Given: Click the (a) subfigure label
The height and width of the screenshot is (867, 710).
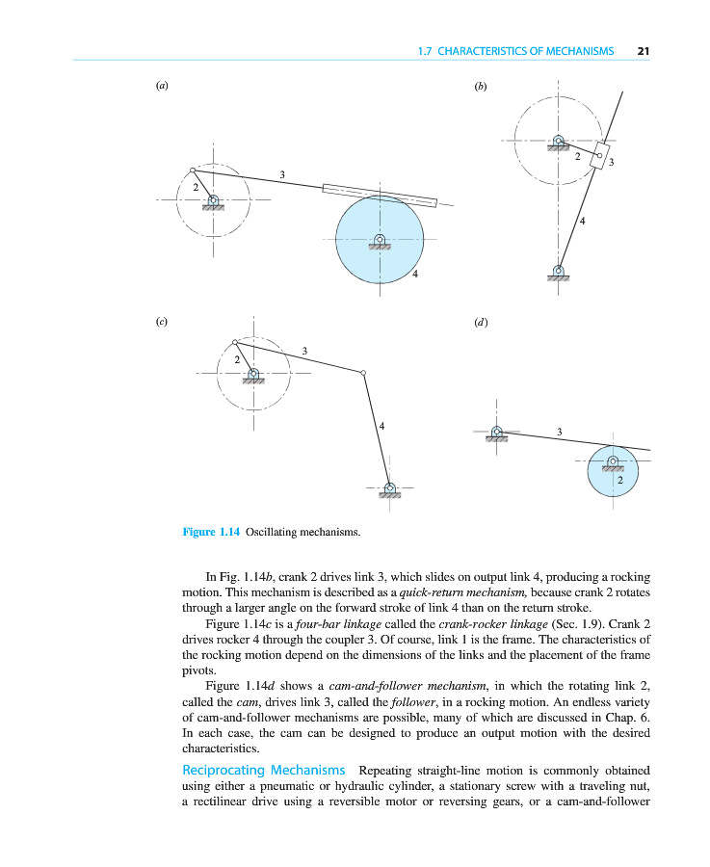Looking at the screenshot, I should [x=162, y=86].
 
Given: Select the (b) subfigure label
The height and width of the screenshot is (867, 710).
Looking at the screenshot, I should [x=481, y=86].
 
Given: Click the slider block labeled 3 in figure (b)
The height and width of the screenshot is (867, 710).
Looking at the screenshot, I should [x=601, y=154].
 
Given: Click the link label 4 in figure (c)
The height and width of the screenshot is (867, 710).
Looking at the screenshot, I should [x=382, y=425].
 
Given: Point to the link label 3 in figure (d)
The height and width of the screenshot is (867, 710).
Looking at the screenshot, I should [x=560, y=431].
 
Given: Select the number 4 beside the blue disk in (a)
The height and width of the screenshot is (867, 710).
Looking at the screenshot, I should [x=414, y=275].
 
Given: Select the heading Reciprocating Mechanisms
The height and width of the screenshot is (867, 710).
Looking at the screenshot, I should [x=264, y=771].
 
